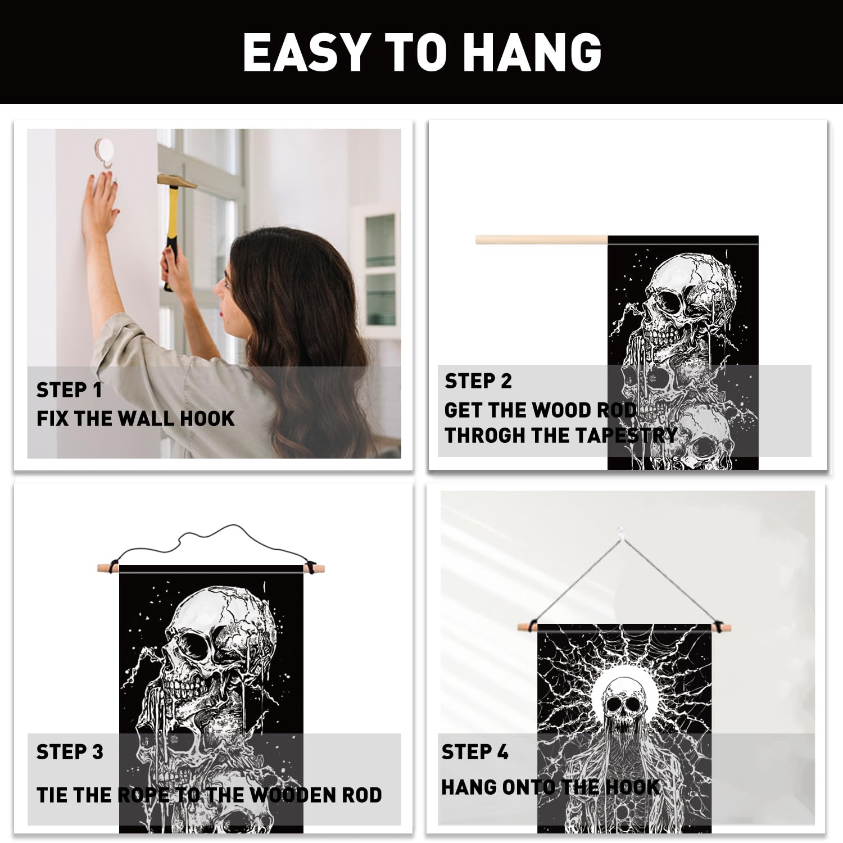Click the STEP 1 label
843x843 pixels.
point(69,390)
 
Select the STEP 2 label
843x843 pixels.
point(478,381)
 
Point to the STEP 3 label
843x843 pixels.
point(70,752)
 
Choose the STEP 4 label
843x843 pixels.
point(475,752)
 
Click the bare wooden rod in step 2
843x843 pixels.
point(542,240)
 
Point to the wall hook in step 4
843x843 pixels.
point(620,531)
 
